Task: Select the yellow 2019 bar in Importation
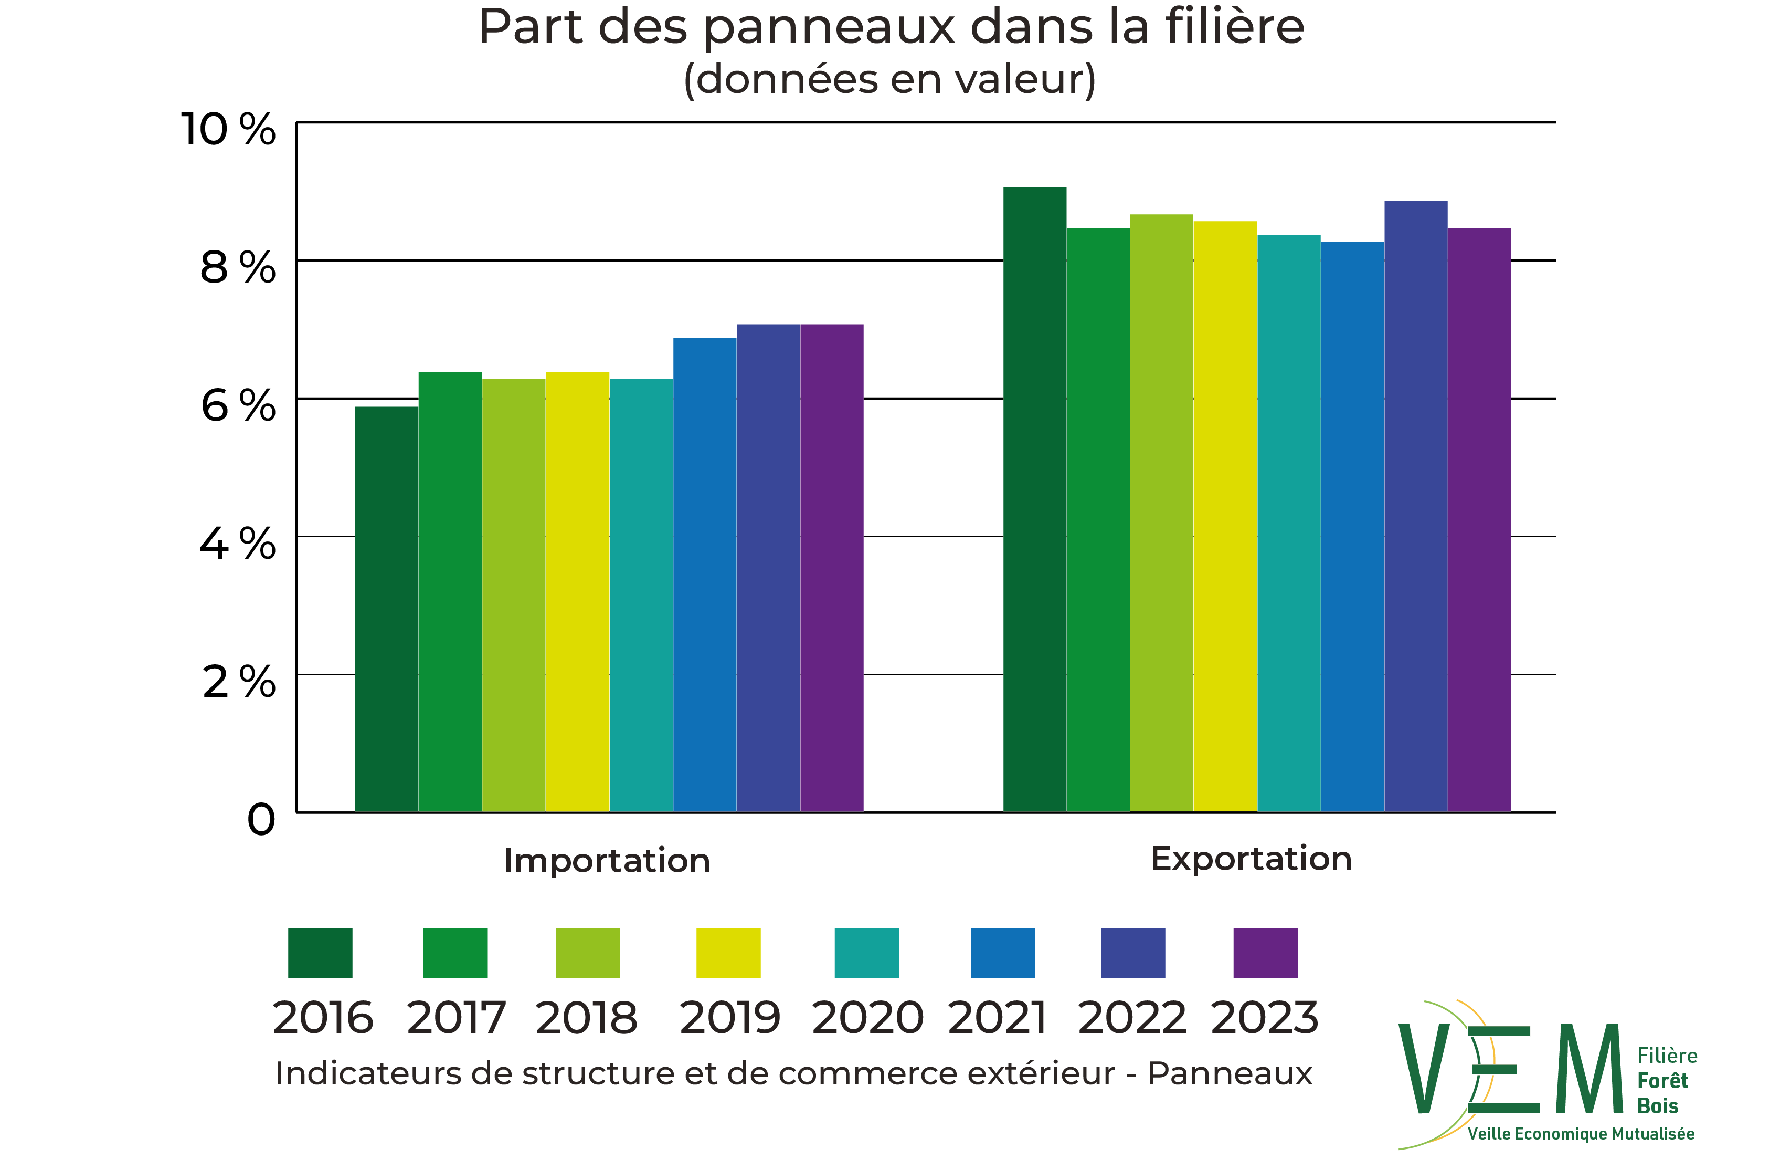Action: point(577,591)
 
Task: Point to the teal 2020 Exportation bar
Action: point(1289,523)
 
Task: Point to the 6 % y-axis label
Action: point(238,406)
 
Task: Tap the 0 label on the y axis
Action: point(261,820)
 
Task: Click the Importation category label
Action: point(607,861)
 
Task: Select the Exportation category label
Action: point(1251,858)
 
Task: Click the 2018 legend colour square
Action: point(588,953)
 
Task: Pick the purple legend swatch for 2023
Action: point(1265,953)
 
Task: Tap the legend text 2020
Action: point(867,1018)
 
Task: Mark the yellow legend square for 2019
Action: point(728,953)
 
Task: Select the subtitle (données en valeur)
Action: point(889,79)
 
